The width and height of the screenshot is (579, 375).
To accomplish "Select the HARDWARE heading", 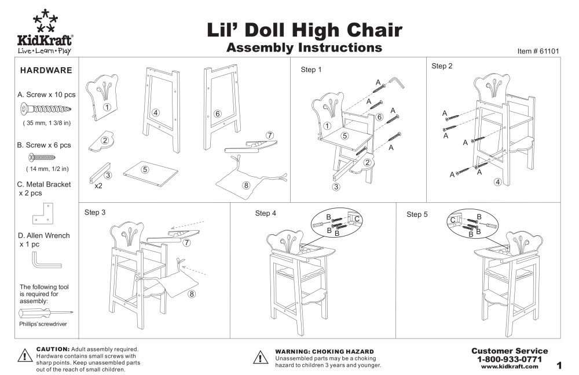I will pos(46,71).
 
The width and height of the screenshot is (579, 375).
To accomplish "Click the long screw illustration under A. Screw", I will pos(46,108).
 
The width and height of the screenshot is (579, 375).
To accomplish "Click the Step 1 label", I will pos(311,70).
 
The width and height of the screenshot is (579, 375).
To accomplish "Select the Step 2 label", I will pos(442,66).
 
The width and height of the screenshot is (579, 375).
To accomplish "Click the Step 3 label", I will pos(95,212).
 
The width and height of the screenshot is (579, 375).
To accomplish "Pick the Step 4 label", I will pos(266,213).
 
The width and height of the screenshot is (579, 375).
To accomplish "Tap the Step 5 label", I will pos(417,214).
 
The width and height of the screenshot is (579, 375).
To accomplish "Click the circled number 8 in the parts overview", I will pos(246,185).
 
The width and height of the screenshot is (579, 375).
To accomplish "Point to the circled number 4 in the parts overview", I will pos(155,112).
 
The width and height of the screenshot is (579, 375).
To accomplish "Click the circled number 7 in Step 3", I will pos(186,243).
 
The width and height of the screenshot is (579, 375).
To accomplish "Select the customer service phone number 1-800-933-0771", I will pos(509,359).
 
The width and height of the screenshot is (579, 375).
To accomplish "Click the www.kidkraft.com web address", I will pos(509,366).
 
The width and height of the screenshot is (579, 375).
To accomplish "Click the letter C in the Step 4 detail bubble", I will pos(357,219).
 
